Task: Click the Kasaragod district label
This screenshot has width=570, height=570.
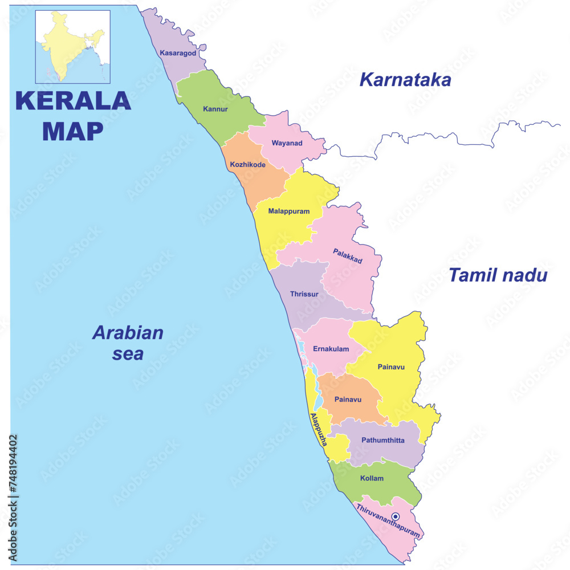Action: (x=178, y=53)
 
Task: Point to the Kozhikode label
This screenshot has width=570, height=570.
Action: (x=247, y=165)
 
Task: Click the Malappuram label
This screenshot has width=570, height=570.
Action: (x=288, y=211)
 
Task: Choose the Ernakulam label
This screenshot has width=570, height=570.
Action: (x=331, y=349)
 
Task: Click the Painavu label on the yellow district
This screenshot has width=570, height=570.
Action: (x=391, y=367)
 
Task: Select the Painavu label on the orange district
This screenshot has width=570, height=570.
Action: (x=348, y=400)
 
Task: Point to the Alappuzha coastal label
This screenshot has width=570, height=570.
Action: (x=318, y=429)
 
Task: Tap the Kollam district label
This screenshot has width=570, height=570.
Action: (x=372, y=478)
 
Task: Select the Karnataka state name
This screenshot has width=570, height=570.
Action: (x=405, y=80)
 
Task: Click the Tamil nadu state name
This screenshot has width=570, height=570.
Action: (x=498, y=275)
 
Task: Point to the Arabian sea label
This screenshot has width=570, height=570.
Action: (x=128, y=343)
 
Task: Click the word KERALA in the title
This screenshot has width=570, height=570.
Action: (x=73, y=100)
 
